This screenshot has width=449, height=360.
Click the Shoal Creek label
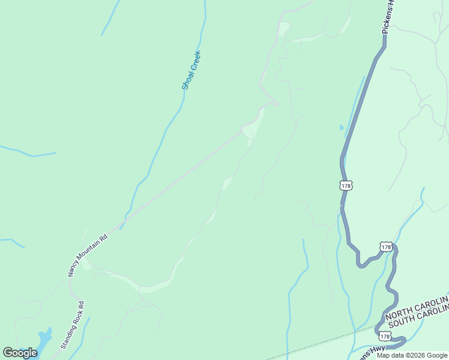tap(191, 71)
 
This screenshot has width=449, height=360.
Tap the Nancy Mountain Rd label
tap(88, 254)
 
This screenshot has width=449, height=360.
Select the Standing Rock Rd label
tap(72, 325)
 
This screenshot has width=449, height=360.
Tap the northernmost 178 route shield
tap(346, 186)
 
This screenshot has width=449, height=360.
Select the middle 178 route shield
tap(386, 247)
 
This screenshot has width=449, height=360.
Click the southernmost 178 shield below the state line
tap(385, 337)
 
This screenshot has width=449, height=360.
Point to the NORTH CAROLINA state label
tap(417, 308)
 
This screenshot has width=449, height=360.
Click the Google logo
tap(20, 353)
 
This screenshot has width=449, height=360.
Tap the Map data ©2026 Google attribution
tap(412, 355)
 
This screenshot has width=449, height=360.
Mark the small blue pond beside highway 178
tap(342, 127)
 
